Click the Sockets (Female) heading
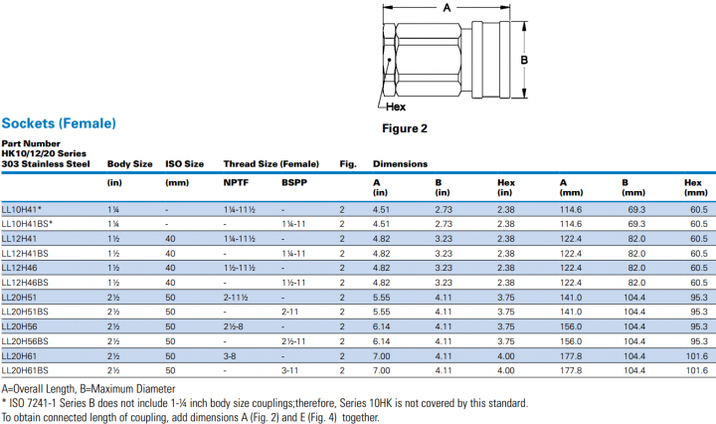point(59,123)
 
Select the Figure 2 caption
point(405,128)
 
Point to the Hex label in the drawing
point(395,106)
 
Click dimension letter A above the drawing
point(447,8)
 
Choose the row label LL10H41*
point(22,210)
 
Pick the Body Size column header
point(130,163)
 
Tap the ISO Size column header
point(184,163)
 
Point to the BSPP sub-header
point(293,182)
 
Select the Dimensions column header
point(400,163)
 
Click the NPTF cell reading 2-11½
point(236,298)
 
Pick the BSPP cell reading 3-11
point(290,370)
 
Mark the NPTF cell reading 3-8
point(230,355)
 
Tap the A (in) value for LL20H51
point(382,298)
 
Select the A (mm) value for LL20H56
point(570,326)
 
